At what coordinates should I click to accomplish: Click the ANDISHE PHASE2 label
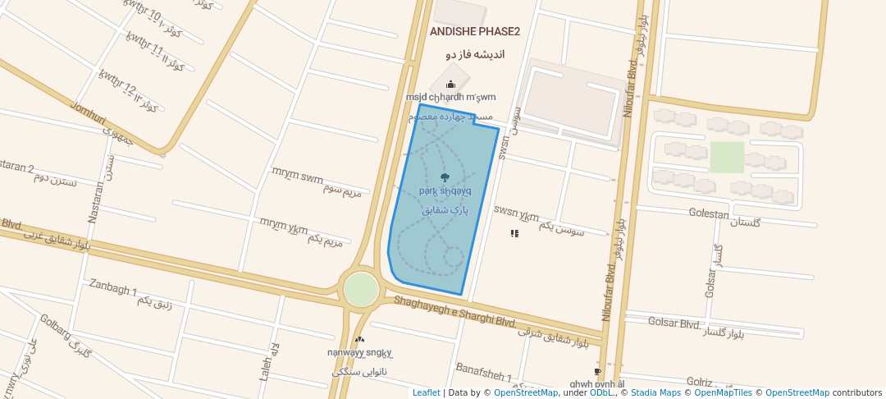pos(475,32)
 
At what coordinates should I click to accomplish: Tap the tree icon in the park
pos(445,177)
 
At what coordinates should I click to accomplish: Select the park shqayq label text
pos(445,190)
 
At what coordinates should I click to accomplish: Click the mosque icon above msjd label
pos(450,85)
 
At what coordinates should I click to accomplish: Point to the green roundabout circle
pos(361,290)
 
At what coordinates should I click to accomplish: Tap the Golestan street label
pos(709,214)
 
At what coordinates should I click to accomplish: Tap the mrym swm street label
pos(297,177)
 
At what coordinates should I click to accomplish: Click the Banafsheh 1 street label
pos(483,374)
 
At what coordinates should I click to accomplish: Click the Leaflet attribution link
pos(426,392)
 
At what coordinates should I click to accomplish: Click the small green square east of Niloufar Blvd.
pos(727,157)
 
